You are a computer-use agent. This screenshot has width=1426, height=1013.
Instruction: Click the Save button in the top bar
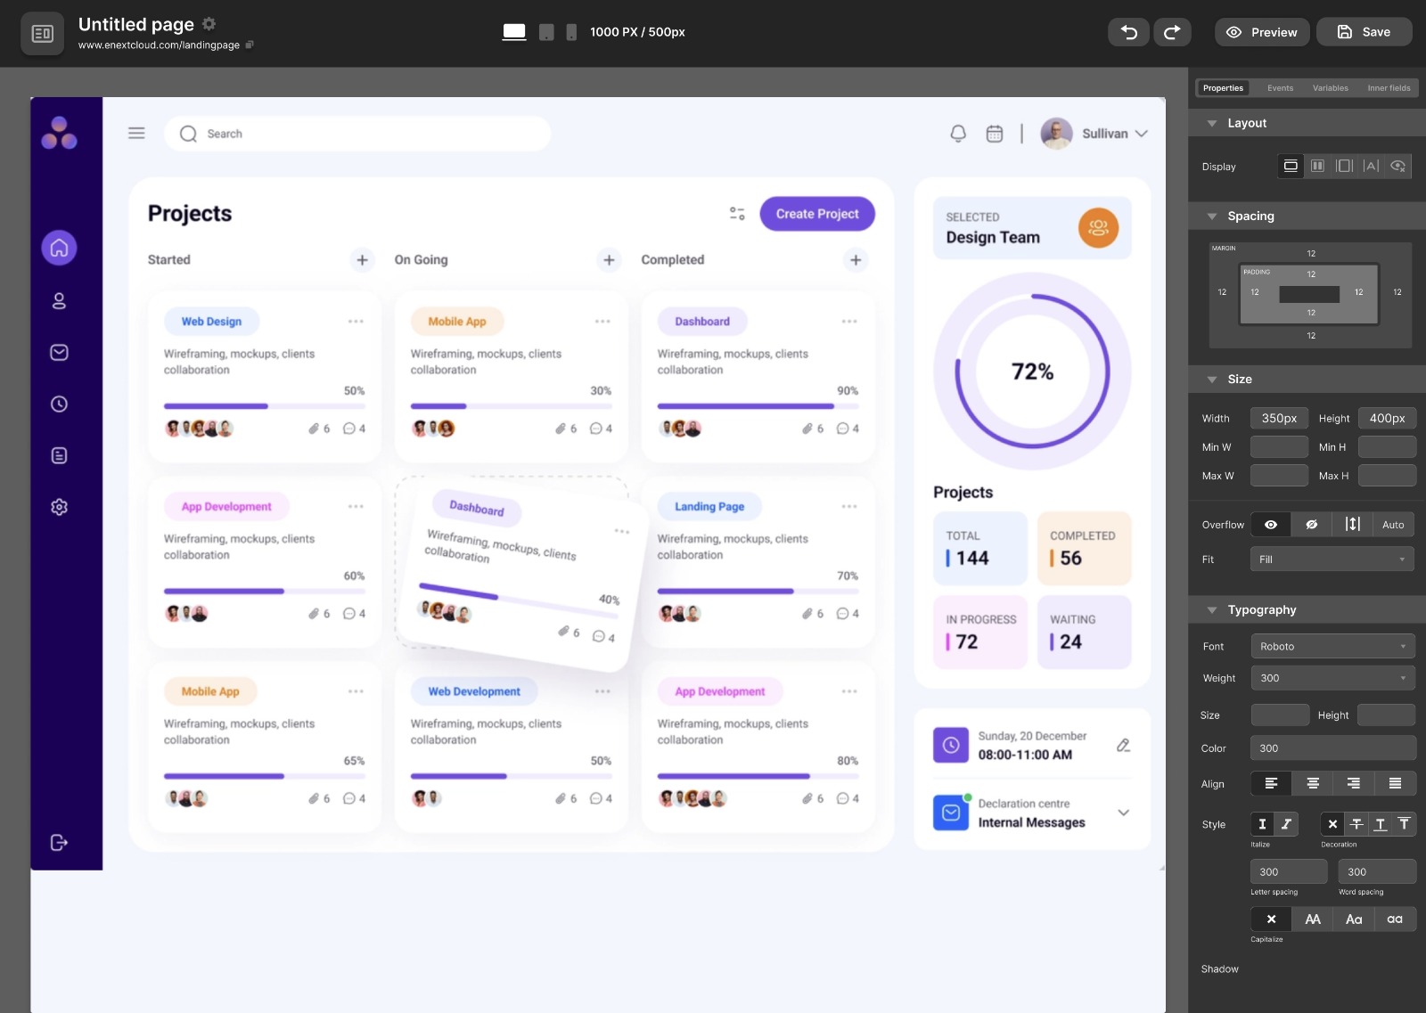pos(1364,32)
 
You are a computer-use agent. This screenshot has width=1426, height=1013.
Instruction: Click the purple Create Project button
pos(816,214)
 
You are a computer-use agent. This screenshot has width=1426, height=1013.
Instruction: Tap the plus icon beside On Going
pos(609,260)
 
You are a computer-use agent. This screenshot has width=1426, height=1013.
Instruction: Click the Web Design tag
pos(211,322)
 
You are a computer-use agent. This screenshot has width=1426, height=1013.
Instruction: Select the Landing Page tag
pos(709,507)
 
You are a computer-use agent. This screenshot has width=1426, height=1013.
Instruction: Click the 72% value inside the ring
pos(1032,372)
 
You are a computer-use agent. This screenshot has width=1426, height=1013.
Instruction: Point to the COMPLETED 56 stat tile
pos(1084,548)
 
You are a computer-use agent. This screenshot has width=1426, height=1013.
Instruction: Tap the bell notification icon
pos(958,134)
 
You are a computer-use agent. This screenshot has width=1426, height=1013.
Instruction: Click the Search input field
pos(356,134)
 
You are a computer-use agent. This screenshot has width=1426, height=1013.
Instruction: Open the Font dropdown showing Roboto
pos(1332,646)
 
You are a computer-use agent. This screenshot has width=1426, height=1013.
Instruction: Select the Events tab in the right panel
pos(1280,88)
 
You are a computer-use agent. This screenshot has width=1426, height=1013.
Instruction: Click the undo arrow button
pos(1128,32)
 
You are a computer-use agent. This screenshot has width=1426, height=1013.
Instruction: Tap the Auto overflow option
pos(1392,525)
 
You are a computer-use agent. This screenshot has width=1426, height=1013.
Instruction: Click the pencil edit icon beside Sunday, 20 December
pos(1123,745)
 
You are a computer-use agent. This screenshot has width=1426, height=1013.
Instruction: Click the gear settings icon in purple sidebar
pos(59,507)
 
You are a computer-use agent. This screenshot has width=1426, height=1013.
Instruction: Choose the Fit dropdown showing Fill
pos(1332,560)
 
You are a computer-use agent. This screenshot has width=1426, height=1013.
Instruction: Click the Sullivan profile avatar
pos(1056,134)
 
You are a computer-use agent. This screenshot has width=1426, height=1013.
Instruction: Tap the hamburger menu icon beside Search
pos(136,134)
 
